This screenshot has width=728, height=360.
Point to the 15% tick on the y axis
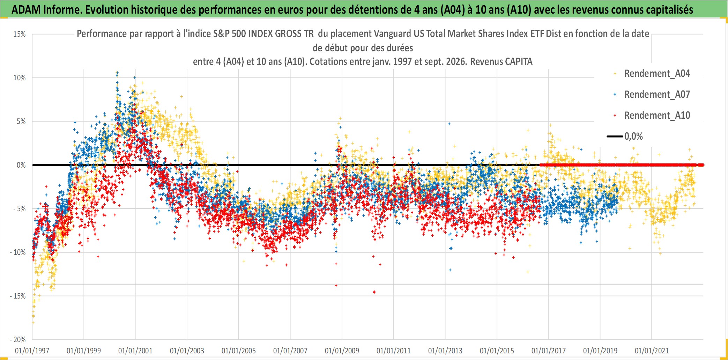pos(20,34)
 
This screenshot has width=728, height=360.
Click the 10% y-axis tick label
pos(20,78)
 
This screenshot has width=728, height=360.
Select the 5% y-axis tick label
pos(21,122)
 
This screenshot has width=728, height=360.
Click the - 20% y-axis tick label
pos(18,339)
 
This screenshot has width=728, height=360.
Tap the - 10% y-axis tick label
pos(18,252)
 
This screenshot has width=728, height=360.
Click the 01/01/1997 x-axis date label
pos(32,351)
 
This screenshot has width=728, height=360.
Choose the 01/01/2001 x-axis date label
pos(135,351)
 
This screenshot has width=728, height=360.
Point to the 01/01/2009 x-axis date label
pos(342,351)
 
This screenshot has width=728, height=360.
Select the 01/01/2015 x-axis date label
pos(497,351)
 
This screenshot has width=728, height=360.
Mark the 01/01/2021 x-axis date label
pos(652,351)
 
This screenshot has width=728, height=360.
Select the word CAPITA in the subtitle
pos(519,62)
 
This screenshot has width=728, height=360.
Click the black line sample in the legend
pos(615,137)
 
